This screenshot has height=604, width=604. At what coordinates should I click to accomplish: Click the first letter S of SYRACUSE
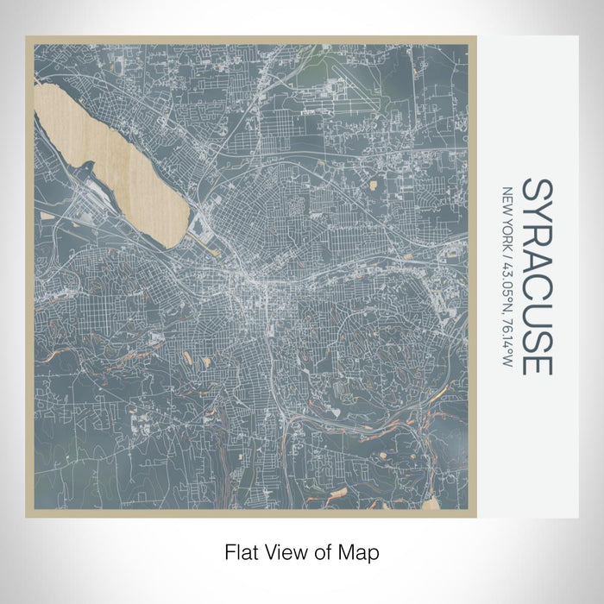pyautogui.click(x=536, y=190)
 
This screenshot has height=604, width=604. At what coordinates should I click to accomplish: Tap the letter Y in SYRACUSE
pyautogui.click(x=536, y=215)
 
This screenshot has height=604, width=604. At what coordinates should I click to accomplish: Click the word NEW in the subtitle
pyautogui.click(x=508, y=198)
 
